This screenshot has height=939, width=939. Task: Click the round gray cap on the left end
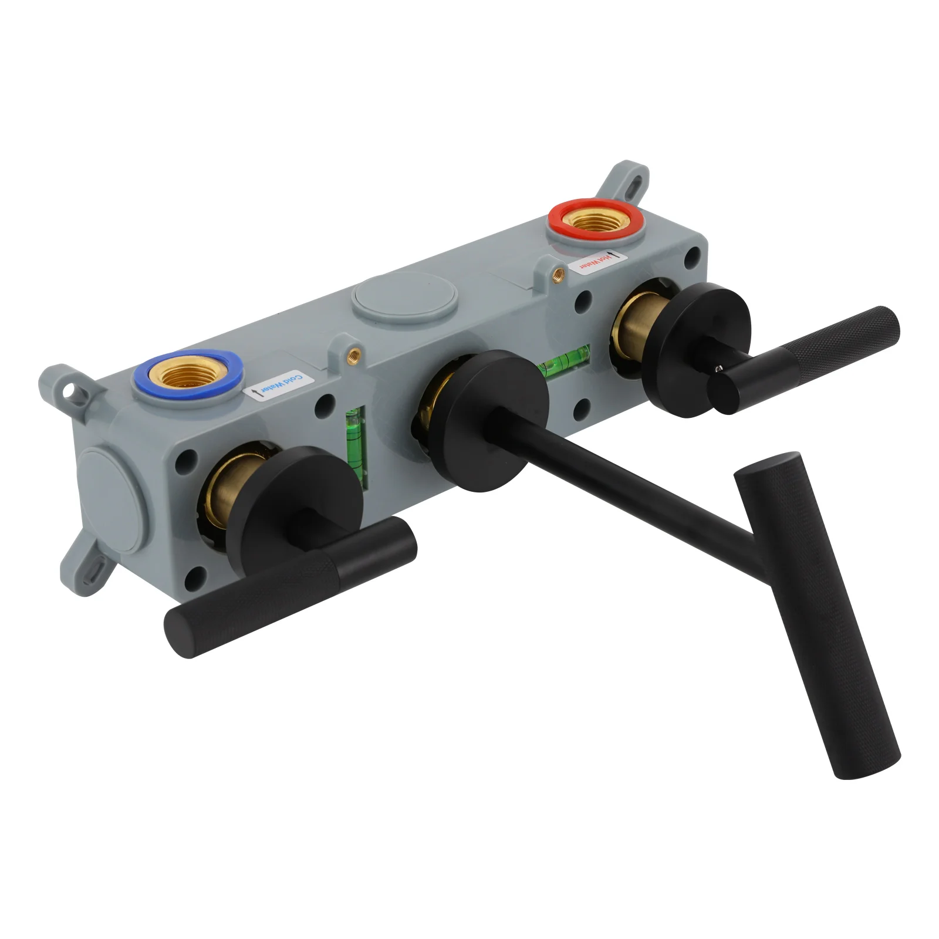(x=114, y=499)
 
